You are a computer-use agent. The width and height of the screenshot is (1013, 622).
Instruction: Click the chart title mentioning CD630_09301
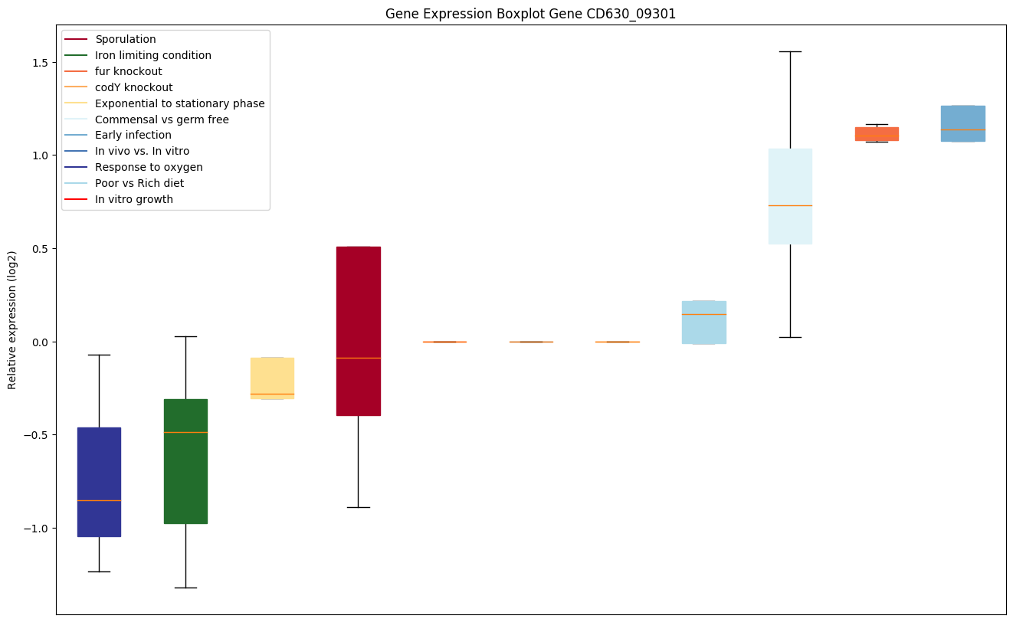point(530,14)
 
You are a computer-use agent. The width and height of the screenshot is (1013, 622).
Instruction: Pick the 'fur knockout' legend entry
point(128,71)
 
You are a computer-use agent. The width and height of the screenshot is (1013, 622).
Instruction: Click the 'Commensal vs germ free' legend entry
point(162,119)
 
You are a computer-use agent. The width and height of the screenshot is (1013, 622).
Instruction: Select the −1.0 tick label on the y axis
point(37,529)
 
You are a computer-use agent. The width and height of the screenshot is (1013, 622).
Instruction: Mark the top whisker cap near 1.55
point(790,51)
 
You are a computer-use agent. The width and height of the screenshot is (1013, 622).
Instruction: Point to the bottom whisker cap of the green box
point(185,588)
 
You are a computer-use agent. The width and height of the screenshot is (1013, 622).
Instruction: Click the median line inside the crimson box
point(359,358)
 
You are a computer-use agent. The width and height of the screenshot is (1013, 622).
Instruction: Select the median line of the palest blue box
point(790,205)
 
